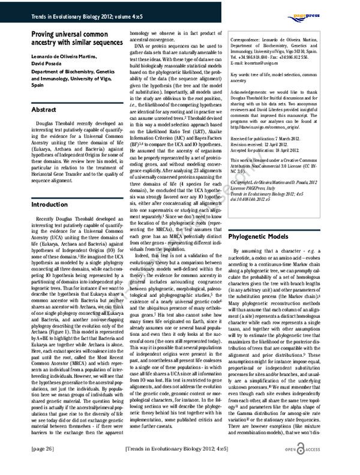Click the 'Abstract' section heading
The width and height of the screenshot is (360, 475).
[x=44, y=110]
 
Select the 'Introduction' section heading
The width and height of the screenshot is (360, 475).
[x=49, y=188]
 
